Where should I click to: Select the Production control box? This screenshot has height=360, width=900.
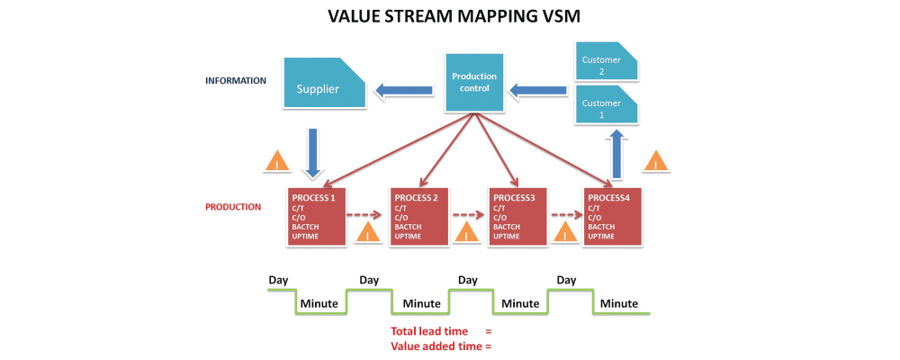474,83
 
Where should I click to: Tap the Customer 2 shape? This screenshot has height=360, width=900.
606,65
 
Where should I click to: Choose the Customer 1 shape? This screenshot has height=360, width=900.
606,108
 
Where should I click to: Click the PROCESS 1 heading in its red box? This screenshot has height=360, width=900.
312,197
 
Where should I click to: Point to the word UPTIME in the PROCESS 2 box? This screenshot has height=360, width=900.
408,236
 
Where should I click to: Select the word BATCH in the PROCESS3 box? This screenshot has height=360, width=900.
505,227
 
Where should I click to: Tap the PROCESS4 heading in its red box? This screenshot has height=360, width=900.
607,197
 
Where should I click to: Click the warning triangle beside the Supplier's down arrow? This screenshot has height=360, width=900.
276,162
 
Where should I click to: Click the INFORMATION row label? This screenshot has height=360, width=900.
236,81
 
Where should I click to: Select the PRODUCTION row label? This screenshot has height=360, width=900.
233,207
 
